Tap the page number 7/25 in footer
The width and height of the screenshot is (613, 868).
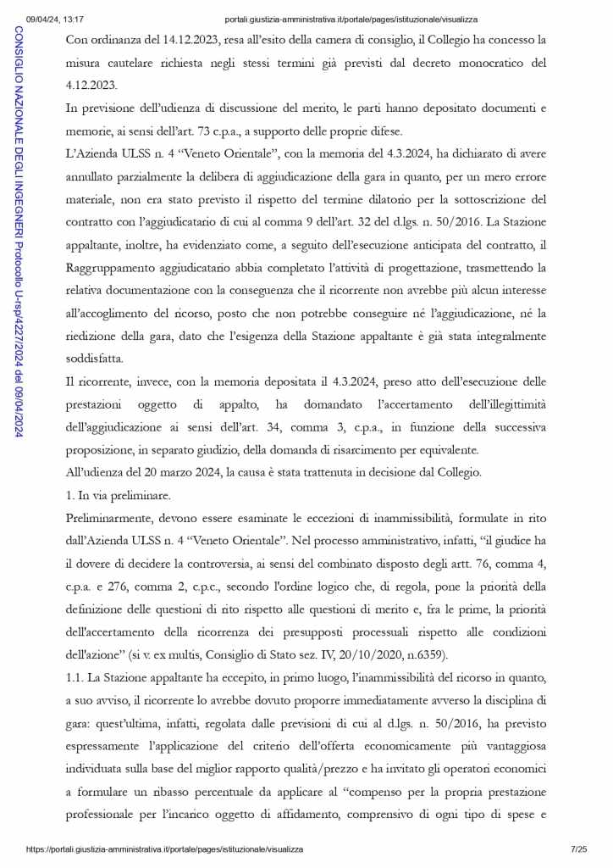coord(578,849)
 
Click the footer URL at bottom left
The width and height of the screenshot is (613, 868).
coord(164,849)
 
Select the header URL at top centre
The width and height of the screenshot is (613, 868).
coord(351,19)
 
